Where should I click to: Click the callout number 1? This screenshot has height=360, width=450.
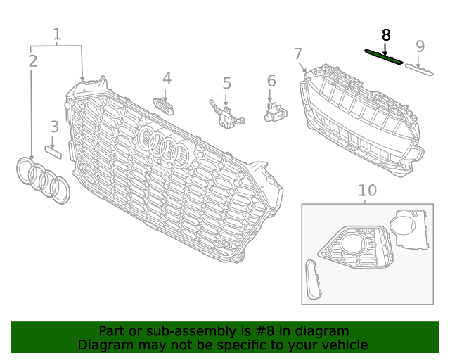pos(57,34)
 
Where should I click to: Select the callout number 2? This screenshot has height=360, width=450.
pos(32,61)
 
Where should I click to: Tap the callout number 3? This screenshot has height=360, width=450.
pos(54,127)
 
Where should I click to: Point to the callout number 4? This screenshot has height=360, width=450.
pos(167,78)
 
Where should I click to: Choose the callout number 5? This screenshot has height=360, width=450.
pos(226,84)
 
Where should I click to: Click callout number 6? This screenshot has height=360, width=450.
pos(271,81)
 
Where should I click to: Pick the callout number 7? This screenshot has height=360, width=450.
pos(298,53)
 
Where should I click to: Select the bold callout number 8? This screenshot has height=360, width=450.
pos(385,34)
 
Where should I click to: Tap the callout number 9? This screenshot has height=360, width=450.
pos(420,46)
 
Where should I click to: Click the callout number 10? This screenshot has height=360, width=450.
pos(367,190)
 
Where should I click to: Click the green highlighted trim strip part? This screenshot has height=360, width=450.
pos(383,56)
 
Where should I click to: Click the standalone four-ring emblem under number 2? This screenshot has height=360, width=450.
pos(43,179)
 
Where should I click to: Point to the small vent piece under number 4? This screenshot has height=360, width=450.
pos(166,105)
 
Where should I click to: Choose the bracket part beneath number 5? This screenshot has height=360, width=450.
pos(226,115)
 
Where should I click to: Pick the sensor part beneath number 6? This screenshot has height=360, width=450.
pos(274,111)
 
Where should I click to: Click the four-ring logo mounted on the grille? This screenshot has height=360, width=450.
pos(165,147)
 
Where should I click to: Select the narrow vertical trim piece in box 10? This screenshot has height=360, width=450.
pos(314,280)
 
